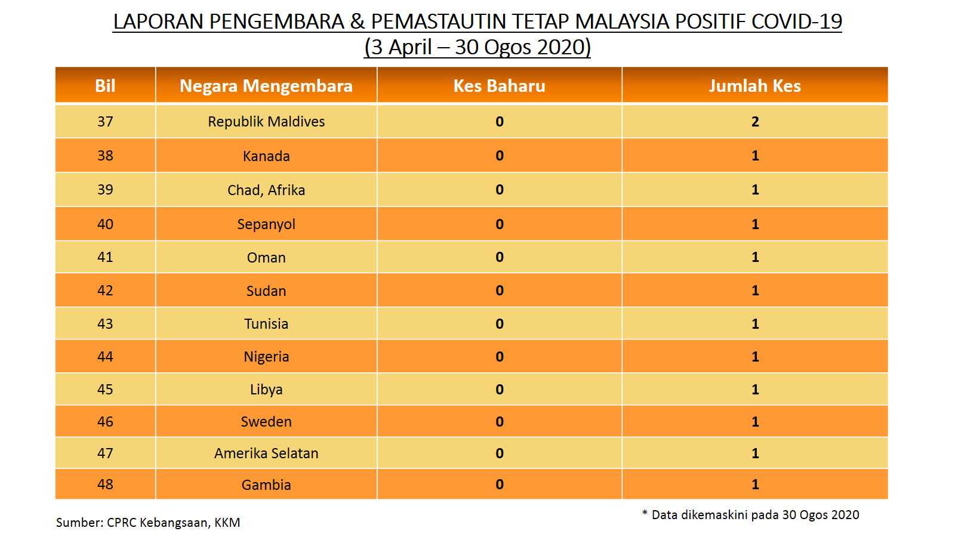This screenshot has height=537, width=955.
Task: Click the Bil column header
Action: [105, 86]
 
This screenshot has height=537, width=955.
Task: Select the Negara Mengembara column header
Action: [266, 86]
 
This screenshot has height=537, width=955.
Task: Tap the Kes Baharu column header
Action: [499, 86]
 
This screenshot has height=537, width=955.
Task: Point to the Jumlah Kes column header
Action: [754, 86]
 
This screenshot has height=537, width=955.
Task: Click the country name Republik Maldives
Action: [266, 122]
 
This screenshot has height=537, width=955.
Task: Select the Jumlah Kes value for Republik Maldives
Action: [755, 122]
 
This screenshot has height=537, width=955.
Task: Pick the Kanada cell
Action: [266, 156]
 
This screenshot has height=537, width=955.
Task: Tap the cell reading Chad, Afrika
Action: [266, 190]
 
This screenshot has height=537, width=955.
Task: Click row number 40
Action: [105, 224]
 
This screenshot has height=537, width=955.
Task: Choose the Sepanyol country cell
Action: [266, 224]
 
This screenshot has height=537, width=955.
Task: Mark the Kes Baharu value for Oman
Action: [500, 257]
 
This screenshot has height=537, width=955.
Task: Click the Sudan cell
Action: [266, 291]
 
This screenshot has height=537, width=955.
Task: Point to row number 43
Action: [105, 324]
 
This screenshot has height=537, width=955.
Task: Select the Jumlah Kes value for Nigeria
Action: [755, 356]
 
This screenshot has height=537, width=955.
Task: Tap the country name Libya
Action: [266, 390]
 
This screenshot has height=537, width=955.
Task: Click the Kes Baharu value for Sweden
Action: [500, 421]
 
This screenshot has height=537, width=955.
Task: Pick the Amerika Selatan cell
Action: [266, 453]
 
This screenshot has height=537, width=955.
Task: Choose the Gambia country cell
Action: [266, 484]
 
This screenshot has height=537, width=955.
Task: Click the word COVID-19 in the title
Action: [796, 21]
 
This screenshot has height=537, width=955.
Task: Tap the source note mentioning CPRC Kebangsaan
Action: [148, 523]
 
